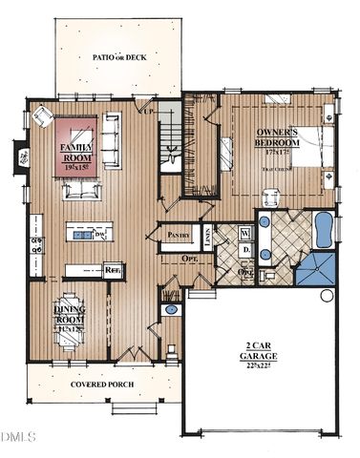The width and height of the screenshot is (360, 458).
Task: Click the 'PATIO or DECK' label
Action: (x=116, y=57)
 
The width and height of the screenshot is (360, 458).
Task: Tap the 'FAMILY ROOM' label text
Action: (x=75, y=154)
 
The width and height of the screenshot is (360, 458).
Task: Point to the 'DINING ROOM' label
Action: (x=69, y=315)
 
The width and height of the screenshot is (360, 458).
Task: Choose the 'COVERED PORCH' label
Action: (x=102, y=385)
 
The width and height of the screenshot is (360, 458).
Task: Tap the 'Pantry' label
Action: (x=179, y=234)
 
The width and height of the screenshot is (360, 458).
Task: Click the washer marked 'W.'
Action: (x=244, y=232)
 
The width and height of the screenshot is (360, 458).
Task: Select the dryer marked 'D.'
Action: (x=244, y=250)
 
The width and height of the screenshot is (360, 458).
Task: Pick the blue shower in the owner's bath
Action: (x=315, y=269)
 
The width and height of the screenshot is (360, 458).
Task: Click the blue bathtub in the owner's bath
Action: (x=323, y=229)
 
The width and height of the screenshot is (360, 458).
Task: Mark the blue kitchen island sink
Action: (x=83, y=234)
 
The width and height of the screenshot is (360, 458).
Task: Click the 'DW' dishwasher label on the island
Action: (x=99, y=234)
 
